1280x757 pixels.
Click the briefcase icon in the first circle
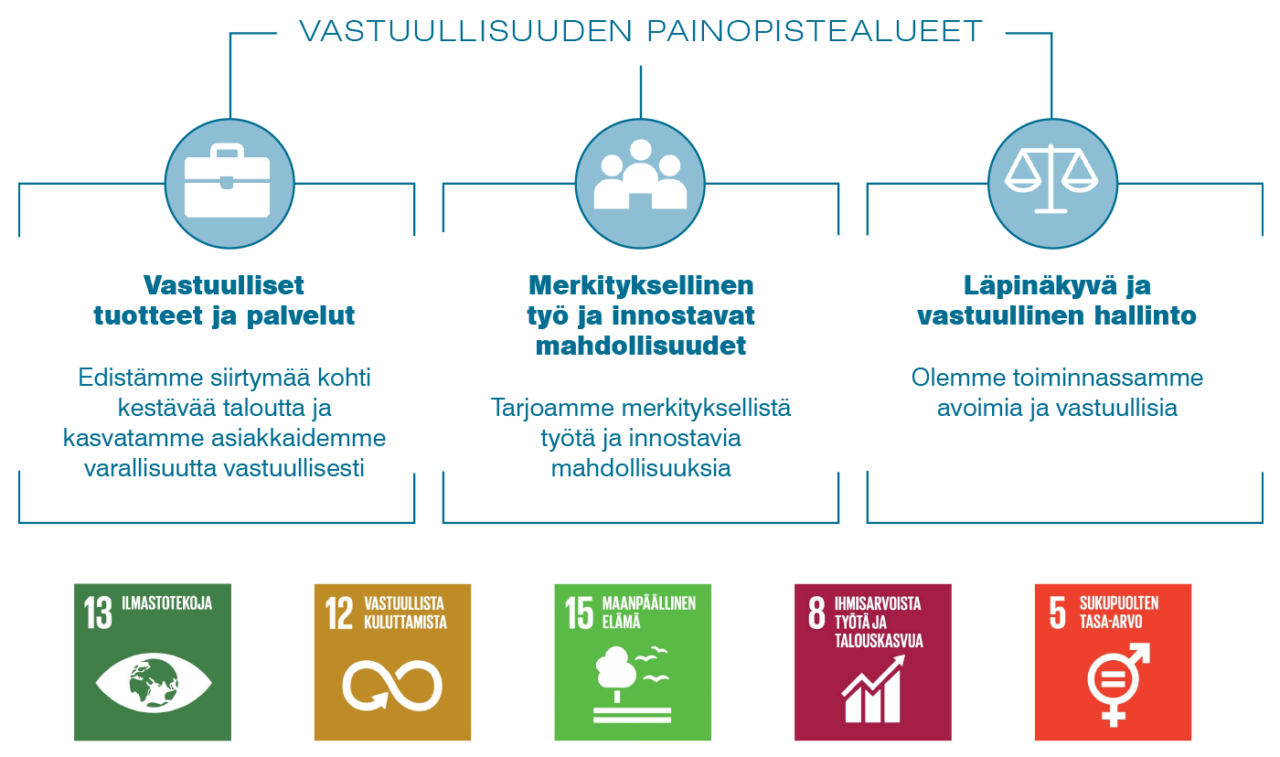pyautogui.click(x=228, y=180)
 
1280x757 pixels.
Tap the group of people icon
pyautogui.click(x=640, y=175)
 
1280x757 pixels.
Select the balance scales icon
pyautogui.click(x=1051, y=179)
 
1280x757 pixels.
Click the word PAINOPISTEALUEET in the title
pyautogui.click(x=815, y=31)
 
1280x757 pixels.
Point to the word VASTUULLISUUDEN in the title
pyautogui.click(x=465, y=31)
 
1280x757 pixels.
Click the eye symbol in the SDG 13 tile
pyautogui.click(x=154, y=683)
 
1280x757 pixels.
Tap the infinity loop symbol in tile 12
pyautogui.click(x=392, y=686)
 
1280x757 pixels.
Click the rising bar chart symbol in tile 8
pyautogui.click(x=873, y=688)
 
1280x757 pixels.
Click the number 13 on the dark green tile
pyautogui.click(x=98, y=613)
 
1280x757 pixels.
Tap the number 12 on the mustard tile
pyautogui.click(x=339, y=613)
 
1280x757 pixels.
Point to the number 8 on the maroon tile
pyautogui.click(x=816, y=613)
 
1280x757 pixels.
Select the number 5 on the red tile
pyautogui.click(x=1057, y=613)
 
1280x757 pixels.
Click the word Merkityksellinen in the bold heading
pyautogui.click(x=641, y=285)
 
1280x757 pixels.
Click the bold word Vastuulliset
pyautogui.click(x=223, y=285)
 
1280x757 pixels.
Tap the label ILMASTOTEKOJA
pyautogui.click(x=166, y=603)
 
